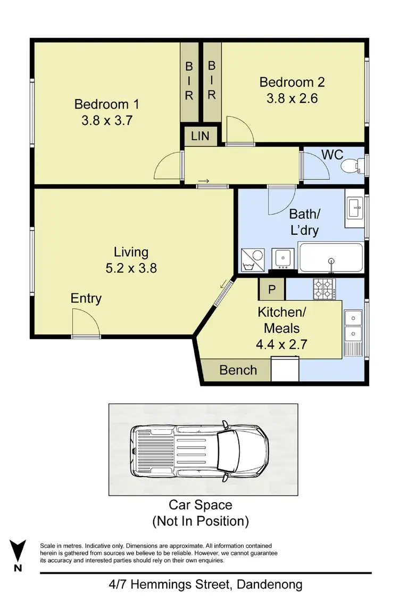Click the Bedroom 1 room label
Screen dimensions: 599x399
pos(101,104)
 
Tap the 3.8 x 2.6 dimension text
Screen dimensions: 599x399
pos(292,99)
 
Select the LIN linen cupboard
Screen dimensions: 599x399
pos(201,136)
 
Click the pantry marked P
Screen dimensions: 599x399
pos(272,290)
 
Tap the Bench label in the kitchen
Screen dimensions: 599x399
pos(238,370)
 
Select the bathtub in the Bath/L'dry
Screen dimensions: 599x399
pos(331,257)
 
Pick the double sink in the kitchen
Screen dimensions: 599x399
pos(352,326)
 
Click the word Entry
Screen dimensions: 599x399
pos(86,298)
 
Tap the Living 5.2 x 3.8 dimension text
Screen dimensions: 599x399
pos(131,268)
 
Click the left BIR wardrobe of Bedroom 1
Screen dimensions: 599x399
pos(189,81)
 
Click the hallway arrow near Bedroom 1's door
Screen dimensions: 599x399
pos(203,182)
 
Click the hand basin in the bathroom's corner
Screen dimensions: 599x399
pos(354,208)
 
